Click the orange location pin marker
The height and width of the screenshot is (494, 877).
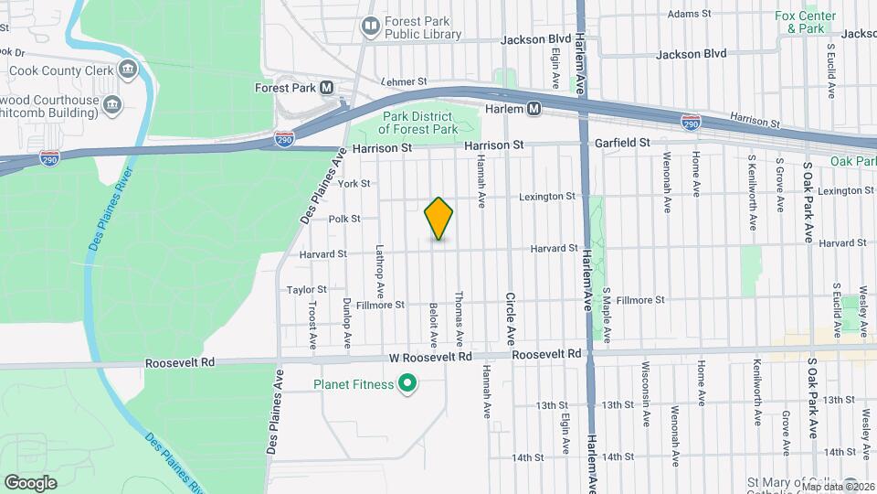(439, 218)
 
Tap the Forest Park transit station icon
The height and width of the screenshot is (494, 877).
(326, 89)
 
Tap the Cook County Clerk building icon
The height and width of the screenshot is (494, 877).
(127, 70)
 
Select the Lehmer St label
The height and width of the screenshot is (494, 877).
(404, 81)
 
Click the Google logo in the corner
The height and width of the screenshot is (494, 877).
(30, 482)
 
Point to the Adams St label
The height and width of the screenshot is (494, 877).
(689, 14)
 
